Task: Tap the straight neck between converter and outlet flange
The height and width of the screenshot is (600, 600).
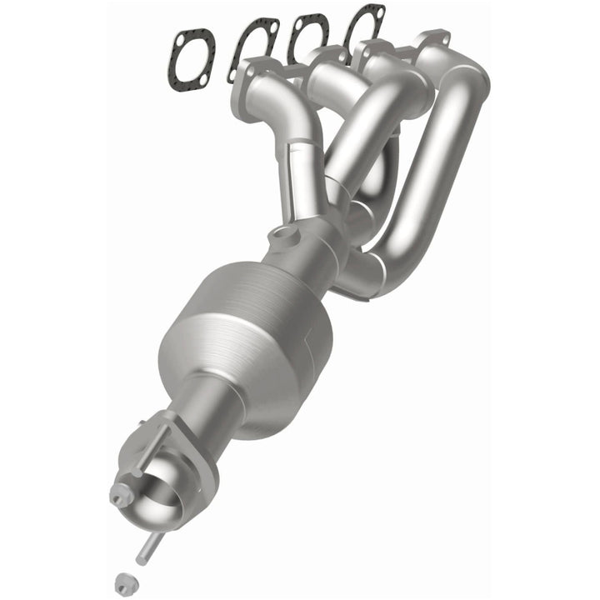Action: click(x=212, y=408)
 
